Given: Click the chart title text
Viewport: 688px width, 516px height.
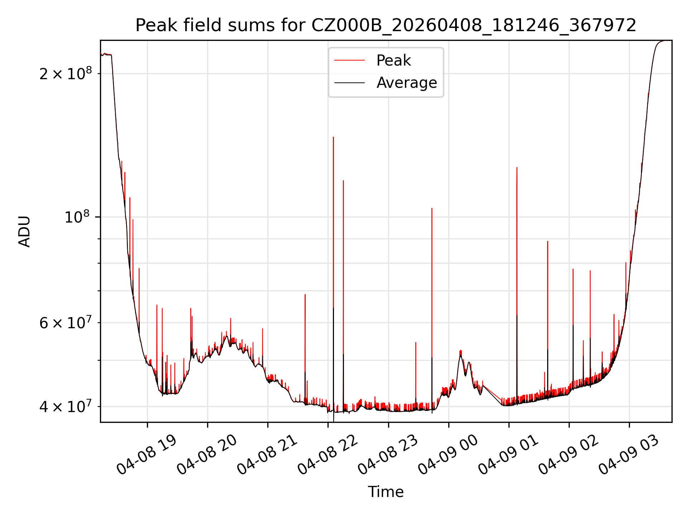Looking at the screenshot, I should (x=386, y=25).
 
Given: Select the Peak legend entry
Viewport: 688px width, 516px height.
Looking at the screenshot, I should (x=393, y=61).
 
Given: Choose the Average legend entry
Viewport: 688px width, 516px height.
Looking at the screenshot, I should (x=406, y=83).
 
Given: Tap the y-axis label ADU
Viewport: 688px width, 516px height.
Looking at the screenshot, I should (x=24, y=231).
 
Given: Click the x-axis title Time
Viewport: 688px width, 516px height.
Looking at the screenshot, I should (x=386, y=492).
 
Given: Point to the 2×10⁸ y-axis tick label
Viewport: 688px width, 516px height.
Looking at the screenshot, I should (x=66, y=74).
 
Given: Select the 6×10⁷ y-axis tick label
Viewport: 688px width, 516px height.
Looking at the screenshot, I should (x=66, y=323).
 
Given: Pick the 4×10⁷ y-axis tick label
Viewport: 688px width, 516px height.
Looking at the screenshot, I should (x=66, y=407).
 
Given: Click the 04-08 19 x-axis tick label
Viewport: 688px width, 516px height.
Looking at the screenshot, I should (x=147, y=455).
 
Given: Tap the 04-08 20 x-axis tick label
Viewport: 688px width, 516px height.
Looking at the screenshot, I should (x=207, y=455).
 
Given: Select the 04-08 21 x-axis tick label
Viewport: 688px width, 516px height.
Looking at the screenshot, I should (x=267, y=455).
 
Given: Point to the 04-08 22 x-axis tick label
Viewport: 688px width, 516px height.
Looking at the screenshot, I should (x=328, y=455).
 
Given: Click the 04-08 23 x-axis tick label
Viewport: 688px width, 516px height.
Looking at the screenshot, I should (x=388, y=455).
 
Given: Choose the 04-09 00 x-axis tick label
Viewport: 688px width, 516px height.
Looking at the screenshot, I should (x=448, y=455).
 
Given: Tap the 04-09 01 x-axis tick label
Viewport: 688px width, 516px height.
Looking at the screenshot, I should (x=508, y=455).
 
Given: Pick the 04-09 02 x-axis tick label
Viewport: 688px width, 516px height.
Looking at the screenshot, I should (x=569, y=455).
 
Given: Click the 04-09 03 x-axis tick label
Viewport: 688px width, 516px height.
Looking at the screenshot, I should (x=629, y=455).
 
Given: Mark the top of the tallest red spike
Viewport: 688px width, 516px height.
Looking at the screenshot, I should (x=333, y=137).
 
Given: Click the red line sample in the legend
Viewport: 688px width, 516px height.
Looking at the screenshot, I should (x=349, y=61).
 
